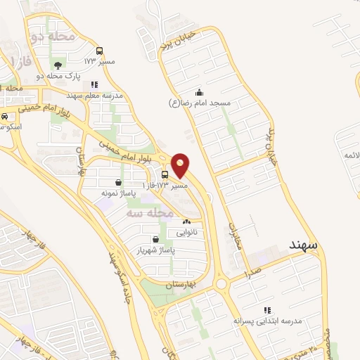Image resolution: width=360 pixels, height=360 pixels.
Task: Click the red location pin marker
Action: pyautogui.click(x=181, y=164)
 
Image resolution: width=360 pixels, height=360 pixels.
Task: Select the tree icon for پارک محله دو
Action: pyautogui.click(x=57, y=65)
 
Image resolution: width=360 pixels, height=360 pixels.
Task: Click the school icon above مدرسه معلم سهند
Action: pyautogui.click(x=94, y=84)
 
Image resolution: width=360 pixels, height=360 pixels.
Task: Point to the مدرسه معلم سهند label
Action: pyautogui.click(x=94, y=94)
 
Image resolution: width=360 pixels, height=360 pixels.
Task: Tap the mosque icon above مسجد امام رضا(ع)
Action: pyautogui.click(x=199, y=92)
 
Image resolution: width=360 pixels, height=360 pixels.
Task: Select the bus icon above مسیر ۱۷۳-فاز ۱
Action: pyautogui.click(x=165, y=175)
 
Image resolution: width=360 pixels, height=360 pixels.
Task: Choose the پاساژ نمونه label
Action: pyautogui.click(x=117, y=192)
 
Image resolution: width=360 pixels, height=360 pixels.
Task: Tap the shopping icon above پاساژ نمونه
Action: pyautogui.click(x=117, y=182)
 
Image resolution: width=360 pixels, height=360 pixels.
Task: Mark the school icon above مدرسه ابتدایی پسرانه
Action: pyautogui.click(x=266, y=310)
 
